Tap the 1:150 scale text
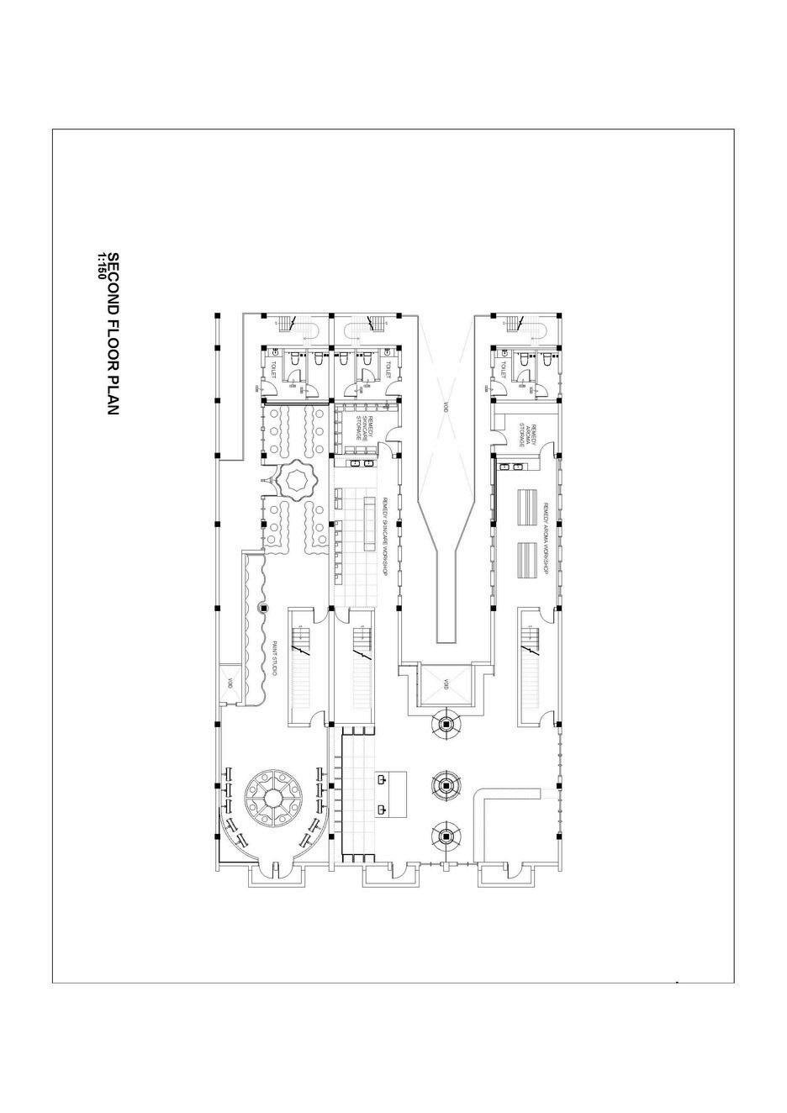[x=101, y=266]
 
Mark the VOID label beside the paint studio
[x=228, y=683]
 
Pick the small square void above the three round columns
[x=446, y=683]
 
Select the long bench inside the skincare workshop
[x=369, y=521]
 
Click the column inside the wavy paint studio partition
[x=263, y=607]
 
